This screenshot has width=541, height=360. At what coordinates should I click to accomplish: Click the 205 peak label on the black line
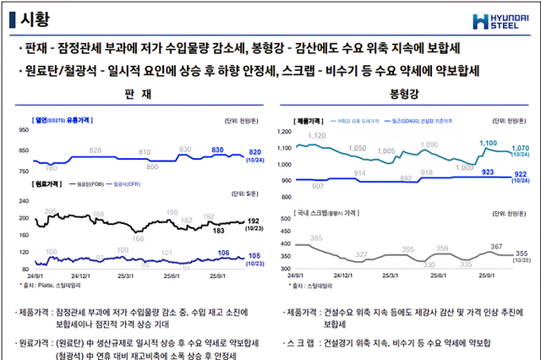coord(50,210)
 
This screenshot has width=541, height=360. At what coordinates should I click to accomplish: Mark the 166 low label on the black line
coord(138,239)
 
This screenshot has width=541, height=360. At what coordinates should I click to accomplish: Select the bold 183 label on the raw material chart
coord(218,230)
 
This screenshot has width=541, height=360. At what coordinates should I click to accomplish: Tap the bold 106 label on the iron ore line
coord(222,253)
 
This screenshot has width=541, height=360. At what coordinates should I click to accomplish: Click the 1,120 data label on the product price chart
coord(317,135)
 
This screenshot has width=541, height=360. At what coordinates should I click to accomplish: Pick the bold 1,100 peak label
coord(488,144)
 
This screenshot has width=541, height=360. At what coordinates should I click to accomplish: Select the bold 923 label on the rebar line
coord(488,172)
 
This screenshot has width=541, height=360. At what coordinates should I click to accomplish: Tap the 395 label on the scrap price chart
coord(317,239)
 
